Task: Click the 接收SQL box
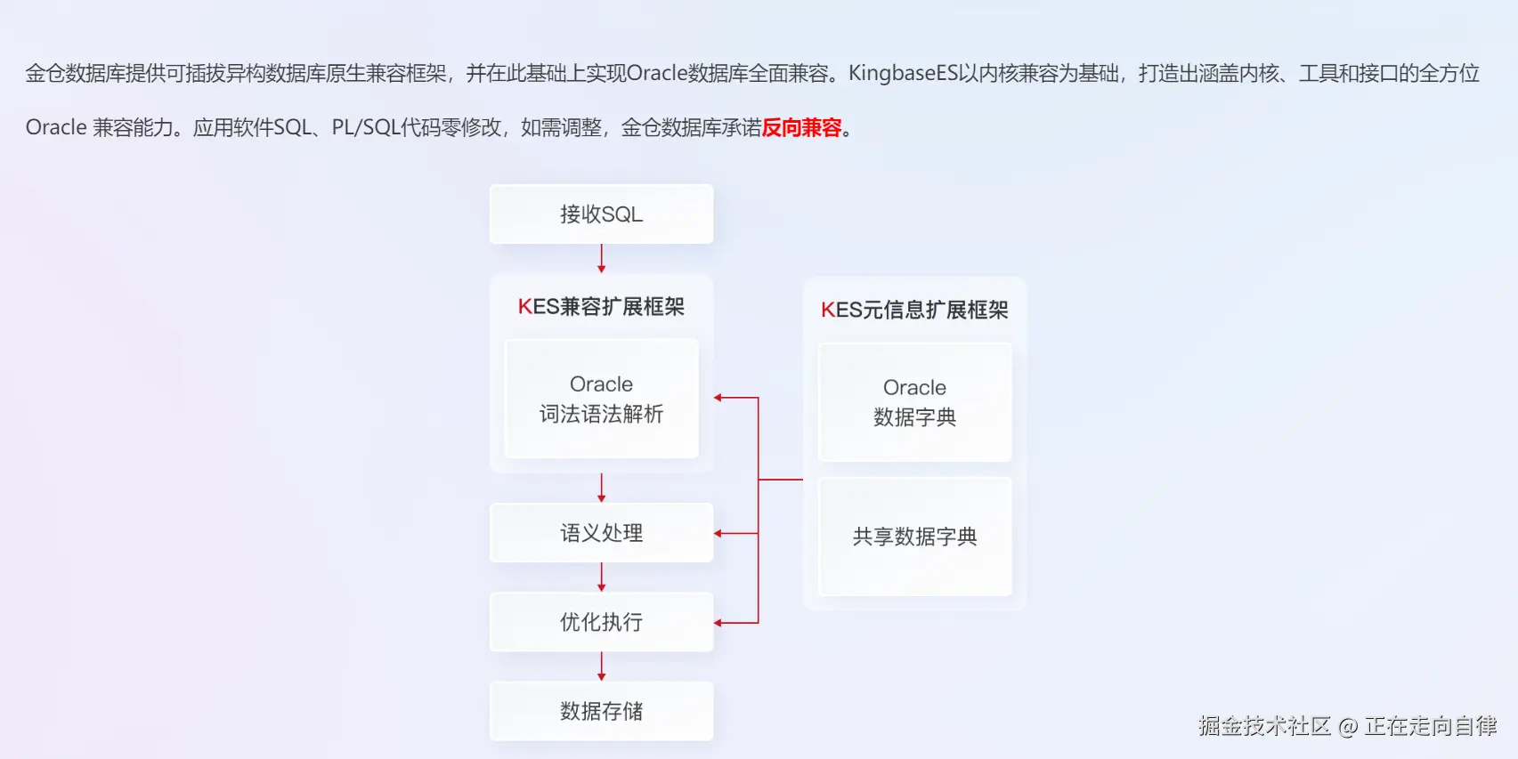(601, 214)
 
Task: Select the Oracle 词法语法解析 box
(601, 399)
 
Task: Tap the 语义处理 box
(601, 533)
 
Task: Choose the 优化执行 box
(601, 622)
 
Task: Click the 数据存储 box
(601, 711)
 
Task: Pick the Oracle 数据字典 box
(914, 402)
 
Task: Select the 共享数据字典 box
(914, 537)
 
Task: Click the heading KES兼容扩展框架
(601, 307)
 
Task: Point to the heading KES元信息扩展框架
(914, 310)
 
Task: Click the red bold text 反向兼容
(801, 128)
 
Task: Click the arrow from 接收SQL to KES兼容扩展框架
(602, 258)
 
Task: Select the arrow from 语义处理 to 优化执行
(602, 577)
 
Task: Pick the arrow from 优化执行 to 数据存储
(602, 666)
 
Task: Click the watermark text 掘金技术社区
(1263, 726)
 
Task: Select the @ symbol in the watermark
(1347, 727)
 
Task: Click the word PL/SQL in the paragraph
(365, 128)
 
